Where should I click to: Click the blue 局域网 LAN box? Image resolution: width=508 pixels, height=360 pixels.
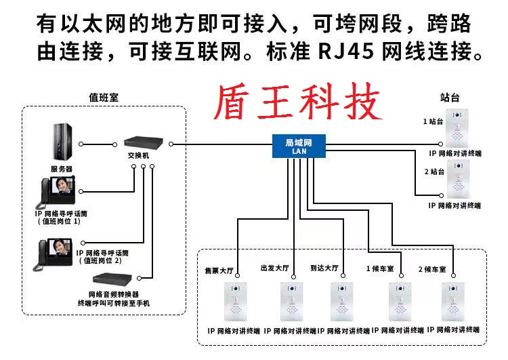[299, 146]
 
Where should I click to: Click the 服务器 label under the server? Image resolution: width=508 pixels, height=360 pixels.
[61, 168]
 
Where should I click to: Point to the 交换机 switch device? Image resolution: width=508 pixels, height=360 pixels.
[142, 143]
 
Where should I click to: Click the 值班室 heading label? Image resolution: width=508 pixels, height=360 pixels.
[104, 97]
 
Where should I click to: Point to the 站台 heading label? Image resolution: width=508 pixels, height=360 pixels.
[450, 98]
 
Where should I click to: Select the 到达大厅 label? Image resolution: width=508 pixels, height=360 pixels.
[324, 268]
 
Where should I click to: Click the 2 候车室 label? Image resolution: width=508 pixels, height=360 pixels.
[432, 269]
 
